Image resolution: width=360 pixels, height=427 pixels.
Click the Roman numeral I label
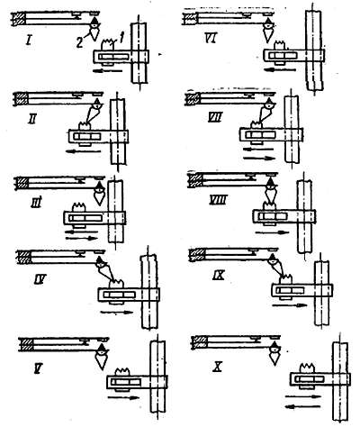29,40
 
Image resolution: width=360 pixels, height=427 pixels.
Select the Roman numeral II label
31,120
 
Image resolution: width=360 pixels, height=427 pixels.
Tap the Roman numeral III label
36,203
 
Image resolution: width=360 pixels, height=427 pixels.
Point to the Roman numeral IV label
40,280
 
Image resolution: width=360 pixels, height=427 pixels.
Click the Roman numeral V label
38,368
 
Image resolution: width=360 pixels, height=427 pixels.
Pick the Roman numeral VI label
211,39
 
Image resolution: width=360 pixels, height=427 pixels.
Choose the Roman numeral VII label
215,117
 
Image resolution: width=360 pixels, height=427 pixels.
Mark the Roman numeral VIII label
218,200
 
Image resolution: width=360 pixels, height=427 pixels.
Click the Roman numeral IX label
219,276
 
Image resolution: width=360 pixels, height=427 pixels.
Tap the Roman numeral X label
217,368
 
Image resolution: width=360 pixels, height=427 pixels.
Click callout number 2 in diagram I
79,43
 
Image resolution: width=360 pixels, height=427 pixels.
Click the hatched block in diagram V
25,344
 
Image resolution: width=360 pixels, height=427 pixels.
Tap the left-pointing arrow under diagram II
83,151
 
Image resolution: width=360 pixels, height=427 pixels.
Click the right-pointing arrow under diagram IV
117,312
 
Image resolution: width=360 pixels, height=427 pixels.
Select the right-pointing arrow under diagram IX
290,305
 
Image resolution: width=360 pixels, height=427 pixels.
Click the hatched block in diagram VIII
195,180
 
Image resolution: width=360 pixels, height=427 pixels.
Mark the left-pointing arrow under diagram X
302,407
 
